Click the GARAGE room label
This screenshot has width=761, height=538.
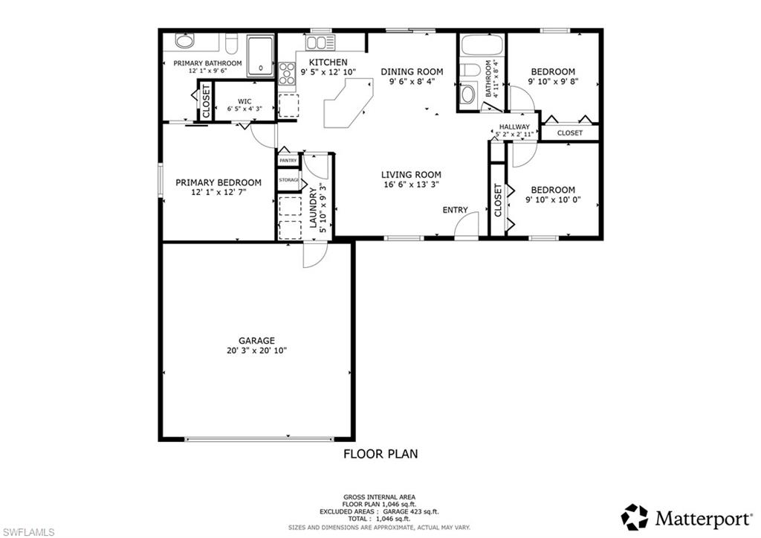pos(256,340)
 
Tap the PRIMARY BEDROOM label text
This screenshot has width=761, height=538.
pos(218,182)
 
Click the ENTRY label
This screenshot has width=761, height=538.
pos(455,210)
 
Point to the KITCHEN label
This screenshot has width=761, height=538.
pos(328,62)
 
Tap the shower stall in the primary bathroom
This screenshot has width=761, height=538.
pos(260,56)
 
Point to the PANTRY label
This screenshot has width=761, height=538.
pos(288,161)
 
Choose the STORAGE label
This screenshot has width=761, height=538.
pos(288,180)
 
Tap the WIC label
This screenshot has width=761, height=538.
pos(245,101)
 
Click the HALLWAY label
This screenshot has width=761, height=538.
pos(514,127)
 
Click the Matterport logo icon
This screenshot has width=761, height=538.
pos(634,516)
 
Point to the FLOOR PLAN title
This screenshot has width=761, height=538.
pos(380,453)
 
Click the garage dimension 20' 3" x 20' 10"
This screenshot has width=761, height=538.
pos(256,350)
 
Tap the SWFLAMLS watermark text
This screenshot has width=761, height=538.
pos(29,530)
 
